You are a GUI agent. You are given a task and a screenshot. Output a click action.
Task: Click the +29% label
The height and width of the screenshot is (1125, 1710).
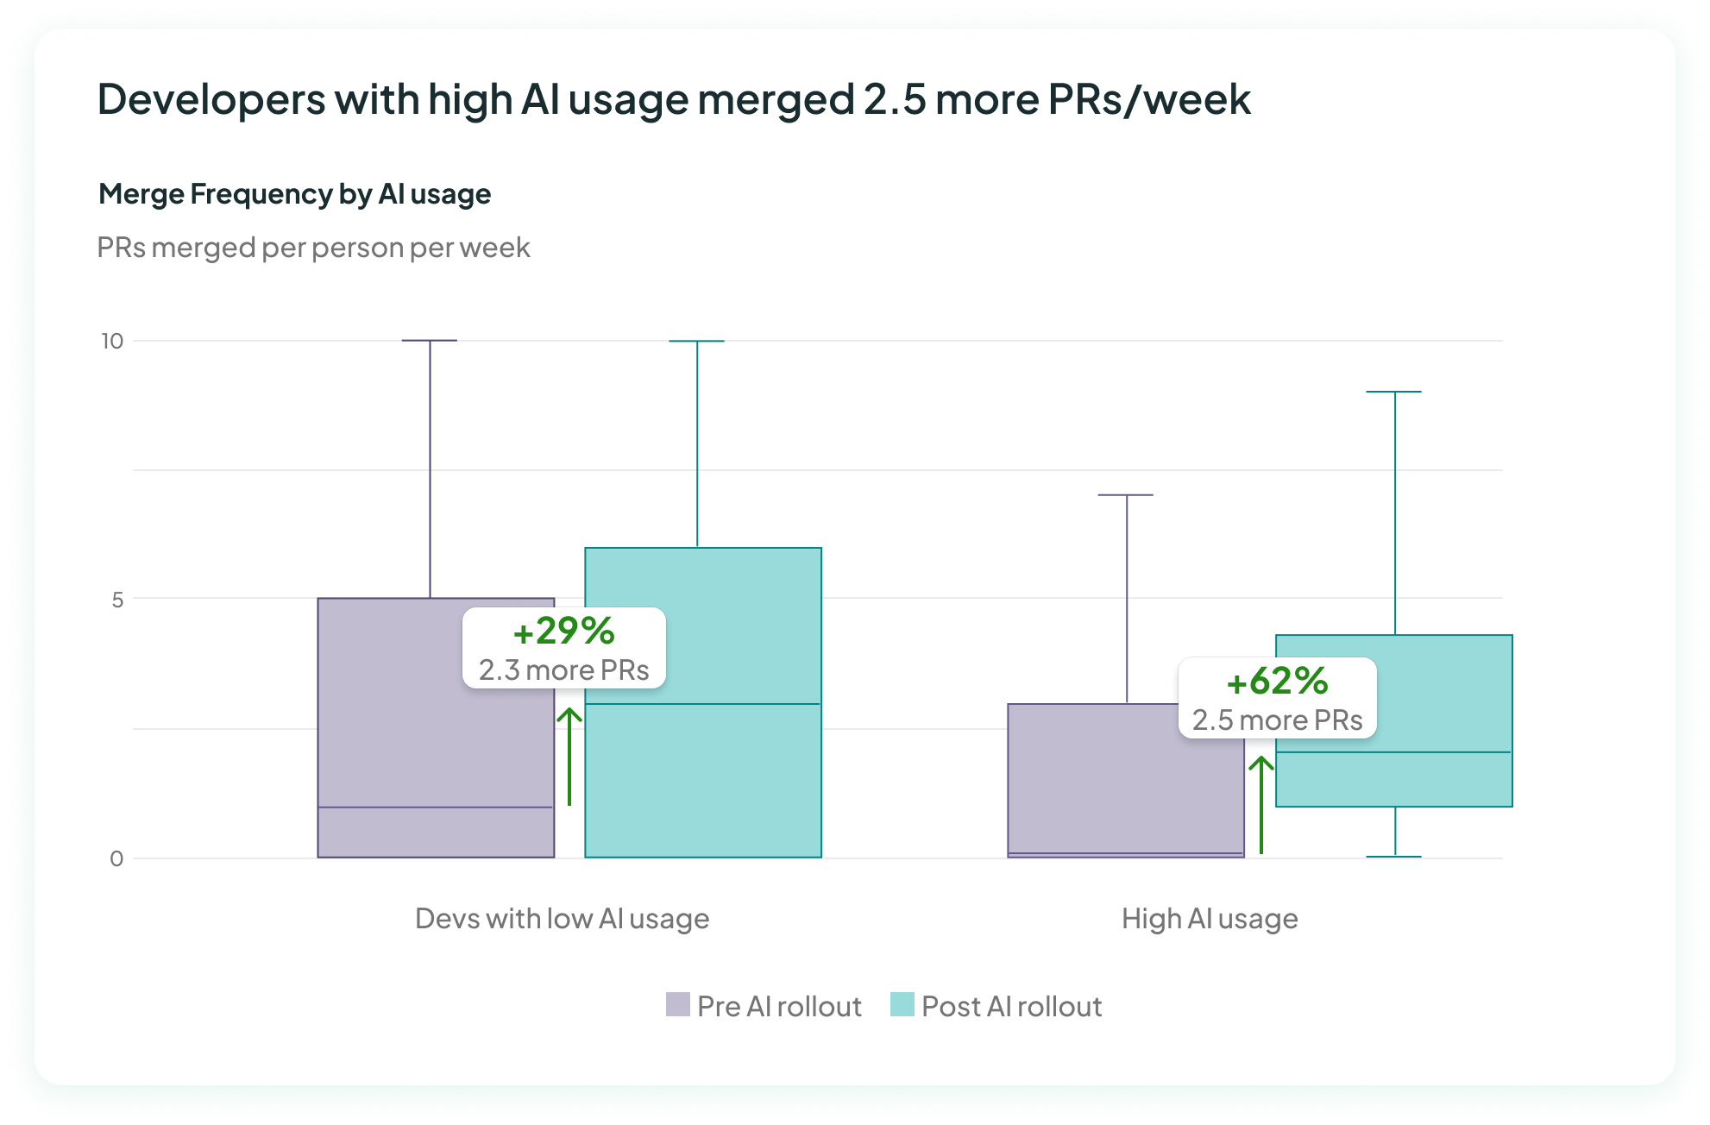[563, 631]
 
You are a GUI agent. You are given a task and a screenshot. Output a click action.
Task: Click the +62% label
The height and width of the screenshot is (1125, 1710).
[1277, 681]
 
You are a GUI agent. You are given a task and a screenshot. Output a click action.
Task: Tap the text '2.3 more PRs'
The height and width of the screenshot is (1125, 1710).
[563, 670]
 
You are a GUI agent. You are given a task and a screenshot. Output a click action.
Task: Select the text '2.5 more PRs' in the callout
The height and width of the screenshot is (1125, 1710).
[1277, 720]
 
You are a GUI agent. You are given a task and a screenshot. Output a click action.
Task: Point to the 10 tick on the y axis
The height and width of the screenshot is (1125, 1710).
[112, 341]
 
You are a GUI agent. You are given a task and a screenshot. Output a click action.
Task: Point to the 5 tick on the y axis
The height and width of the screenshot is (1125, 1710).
[117, 600]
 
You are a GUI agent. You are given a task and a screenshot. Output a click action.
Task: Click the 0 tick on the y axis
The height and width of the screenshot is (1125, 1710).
[116, 858]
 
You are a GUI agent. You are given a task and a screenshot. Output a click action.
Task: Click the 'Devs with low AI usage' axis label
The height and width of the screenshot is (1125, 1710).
[562, 918]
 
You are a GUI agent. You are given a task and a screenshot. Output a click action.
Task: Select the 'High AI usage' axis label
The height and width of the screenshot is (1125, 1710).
[1210, 918]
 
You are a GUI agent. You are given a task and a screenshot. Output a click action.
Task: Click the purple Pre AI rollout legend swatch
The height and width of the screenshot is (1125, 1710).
[677, 1005]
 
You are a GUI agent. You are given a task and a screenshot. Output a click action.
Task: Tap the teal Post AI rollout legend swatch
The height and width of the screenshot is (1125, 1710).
[902, 1005]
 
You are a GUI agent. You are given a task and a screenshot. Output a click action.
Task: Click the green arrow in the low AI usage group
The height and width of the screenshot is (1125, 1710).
[569, 756]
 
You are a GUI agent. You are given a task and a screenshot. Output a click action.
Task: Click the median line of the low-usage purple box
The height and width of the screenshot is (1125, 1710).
[436, 808]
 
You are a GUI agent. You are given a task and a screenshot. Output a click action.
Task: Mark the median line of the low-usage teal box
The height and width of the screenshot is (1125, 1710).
[703, 704]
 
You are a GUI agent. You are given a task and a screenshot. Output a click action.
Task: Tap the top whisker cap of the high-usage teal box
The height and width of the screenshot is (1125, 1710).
[1394, 392]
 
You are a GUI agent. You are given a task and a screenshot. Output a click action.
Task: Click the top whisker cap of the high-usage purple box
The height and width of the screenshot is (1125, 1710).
[1126, 495]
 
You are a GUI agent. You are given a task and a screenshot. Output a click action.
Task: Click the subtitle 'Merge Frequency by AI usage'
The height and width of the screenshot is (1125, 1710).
[294, 194]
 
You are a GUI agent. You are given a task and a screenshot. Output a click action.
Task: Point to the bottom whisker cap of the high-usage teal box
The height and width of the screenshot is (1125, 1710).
[1394, 856]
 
